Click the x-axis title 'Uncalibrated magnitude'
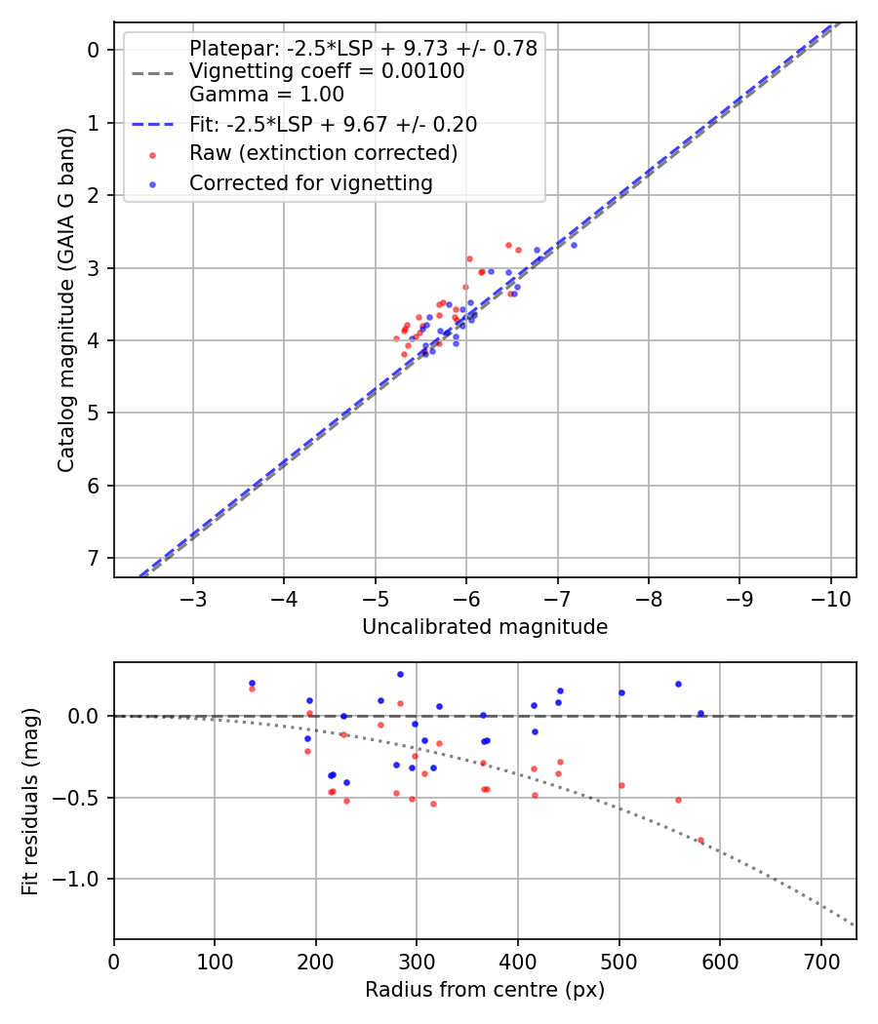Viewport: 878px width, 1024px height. (x=485, y=627)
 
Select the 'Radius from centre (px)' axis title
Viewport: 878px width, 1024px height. (x=485, y=990)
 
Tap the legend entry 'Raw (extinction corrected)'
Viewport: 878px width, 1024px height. (x=323, y=153)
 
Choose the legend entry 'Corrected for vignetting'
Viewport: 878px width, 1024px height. (x=310, y=182)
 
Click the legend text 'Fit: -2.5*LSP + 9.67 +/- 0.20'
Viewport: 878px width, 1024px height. (x=333, y=124)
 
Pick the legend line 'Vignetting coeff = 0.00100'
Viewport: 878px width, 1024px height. (x=327, y=71)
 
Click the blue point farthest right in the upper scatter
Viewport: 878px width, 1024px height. (x=574, y=245)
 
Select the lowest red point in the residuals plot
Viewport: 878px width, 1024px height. (x=700, y=840)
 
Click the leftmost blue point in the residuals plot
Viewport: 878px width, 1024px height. (x=252, y=684)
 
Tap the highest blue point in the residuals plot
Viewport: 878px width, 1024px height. (x=400, y=674)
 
